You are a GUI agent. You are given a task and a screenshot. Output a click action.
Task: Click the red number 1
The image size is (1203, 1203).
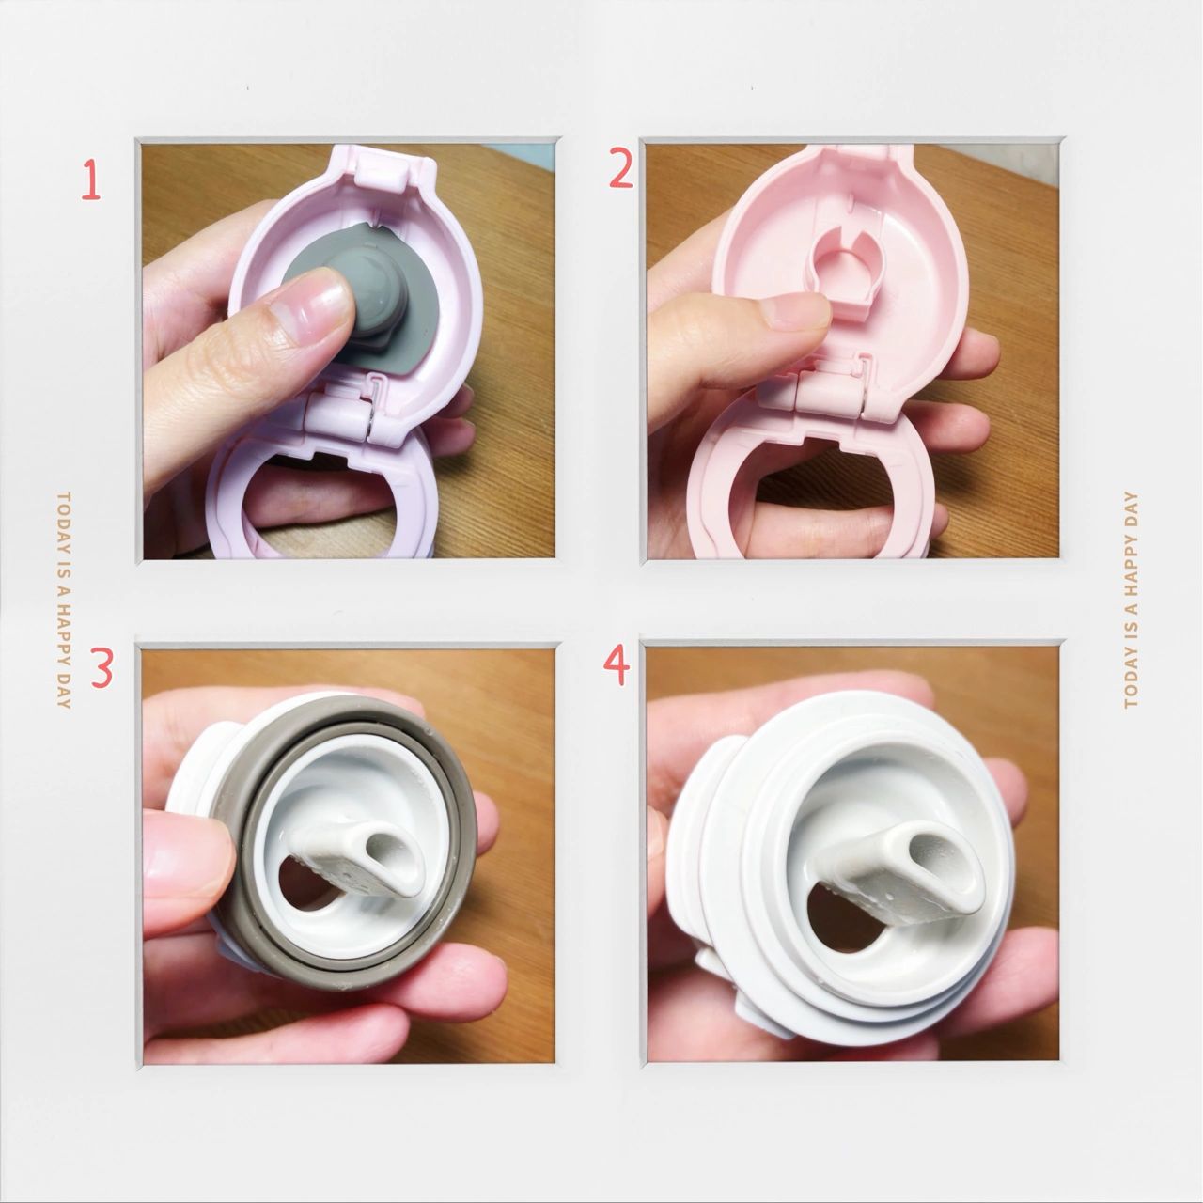click(92, 180)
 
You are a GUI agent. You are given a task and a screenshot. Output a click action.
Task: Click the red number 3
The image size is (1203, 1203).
click(102, 667)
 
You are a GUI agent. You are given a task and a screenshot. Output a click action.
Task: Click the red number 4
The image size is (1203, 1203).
click(617, 664)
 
